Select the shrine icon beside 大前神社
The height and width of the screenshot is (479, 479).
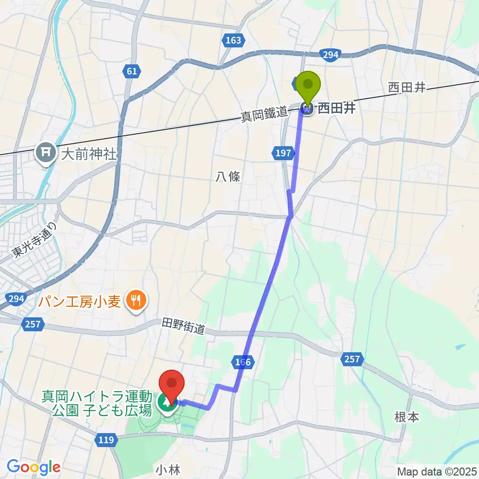point(46,154)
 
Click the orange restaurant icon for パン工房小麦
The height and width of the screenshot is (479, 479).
point(135,300)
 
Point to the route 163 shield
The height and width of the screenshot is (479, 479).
point(233,40)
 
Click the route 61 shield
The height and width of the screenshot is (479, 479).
point(131,71)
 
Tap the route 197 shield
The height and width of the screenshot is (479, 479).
point(282,154)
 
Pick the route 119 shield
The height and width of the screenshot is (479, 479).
point(106,440)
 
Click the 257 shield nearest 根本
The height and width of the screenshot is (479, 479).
point(352,358)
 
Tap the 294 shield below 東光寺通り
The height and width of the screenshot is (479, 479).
point(16,299)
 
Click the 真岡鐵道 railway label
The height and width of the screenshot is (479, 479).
point(264,116)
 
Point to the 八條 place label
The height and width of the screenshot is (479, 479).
point(229,177)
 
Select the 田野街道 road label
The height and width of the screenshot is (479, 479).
point(183,327)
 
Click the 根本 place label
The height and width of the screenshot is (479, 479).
point(406,417)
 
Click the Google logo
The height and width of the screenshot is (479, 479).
point(34,467)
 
